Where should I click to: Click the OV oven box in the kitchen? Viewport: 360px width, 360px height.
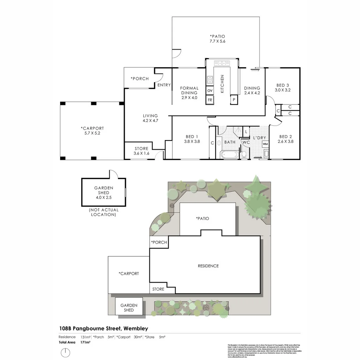[x=210, y=91]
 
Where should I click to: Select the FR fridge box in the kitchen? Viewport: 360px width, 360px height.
[x=210, y=100]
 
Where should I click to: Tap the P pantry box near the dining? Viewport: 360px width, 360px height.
[x=234, y=100]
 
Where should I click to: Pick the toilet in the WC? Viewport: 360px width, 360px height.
[x=244, y=154]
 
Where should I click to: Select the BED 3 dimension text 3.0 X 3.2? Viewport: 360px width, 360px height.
[x=282, y=90]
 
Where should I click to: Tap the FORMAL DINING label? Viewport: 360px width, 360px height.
[x=189, y=91]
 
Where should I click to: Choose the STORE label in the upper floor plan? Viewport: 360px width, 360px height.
[x=141, y=149]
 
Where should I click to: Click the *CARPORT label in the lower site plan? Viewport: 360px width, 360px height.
[x=129, y=273]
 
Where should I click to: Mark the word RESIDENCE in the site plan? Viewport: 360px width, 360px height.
[x=208, y=266]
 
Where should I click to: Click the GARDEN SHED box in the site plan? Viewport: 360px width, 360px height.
[x=129, y=307]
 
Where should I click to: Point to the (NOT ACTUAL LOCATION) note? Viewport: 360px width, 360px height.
[x=104, y=212]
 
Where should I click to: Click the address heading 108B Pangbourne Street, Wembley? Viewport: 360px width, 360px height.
[x=104, y=328]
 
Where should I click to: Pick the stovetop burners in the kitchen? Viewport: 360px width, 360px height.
[x=210, y=80]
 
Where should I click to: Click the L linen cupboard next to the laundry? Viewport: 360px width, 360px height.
[x=246, y=132]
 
